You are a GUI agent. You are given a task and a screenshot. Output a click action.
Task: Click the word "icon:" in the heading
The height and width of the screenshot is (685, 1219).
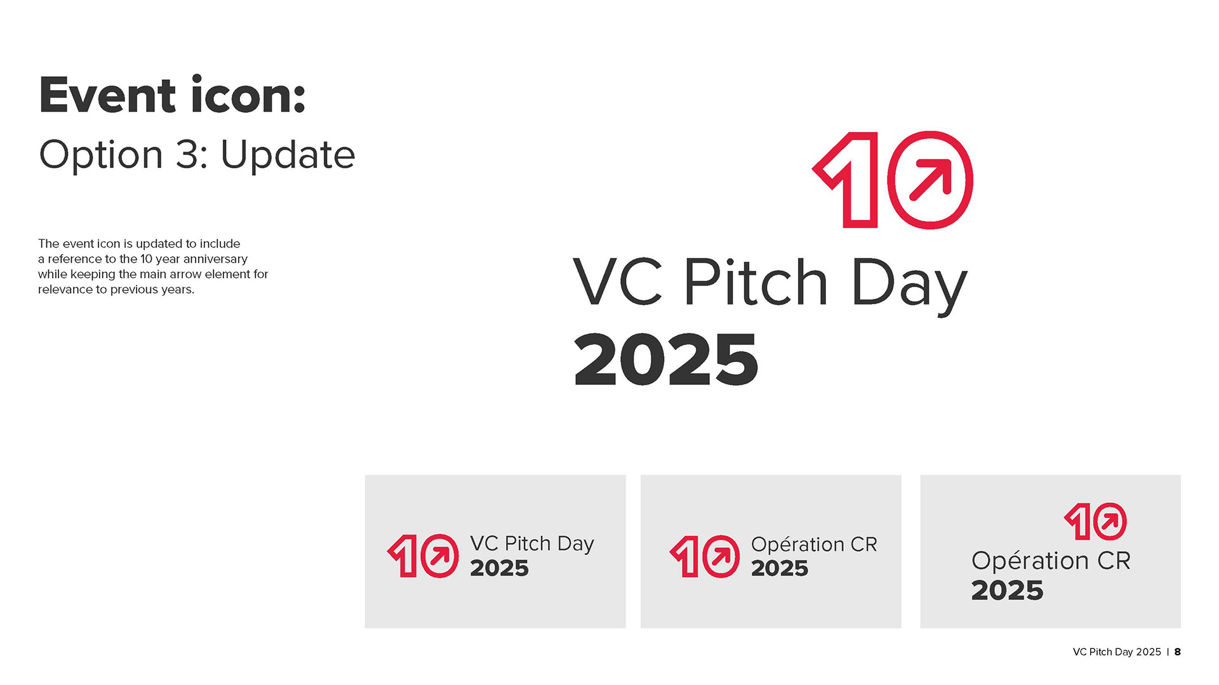pos(248,95)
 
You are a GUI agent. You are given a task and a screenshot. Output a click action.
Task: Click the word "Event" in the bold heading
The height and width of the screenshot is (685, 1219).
pos(107,95)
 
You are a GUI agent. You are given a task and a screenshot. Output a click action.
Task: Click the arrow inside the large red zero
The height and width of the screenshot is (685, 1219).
pos(931,179)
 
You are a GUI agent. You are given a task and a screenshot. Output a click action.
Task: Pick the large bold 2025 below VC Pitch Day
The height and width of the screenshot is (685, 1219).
pos(666,360)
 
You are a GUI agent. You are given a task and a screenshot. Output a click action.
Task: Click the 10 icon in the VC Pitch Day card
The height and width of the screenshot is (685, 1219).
pos(423,556)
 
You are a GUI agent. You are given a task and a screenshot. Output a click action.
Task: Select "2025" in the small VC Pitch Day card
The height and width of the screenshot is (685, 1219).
pos(499,568)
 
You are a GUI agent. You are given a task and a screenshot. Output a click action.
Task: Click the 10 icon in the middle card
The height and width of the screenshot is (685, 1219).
pos(705,556)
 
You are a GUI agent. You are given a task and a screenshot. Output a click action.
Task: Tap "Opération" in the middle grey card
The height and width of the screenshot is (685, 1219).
pos(797,545)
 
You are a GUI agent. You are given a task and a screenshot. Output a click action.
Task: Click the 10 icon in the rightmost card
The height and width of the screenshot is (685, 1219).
pos(1096,522)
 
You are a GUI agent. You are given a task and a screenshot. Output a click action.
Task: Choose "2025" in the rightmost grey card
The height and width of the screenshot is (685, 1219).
pos(1007,590)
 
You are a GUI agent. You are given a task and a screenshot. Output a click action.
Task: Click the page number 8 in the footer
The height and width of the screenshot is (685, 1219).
pos(1178,652)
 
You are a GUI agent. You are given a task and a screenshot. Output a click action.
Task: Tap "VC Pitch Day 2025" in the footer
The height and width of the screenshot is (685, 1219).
pos(1117,652)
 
